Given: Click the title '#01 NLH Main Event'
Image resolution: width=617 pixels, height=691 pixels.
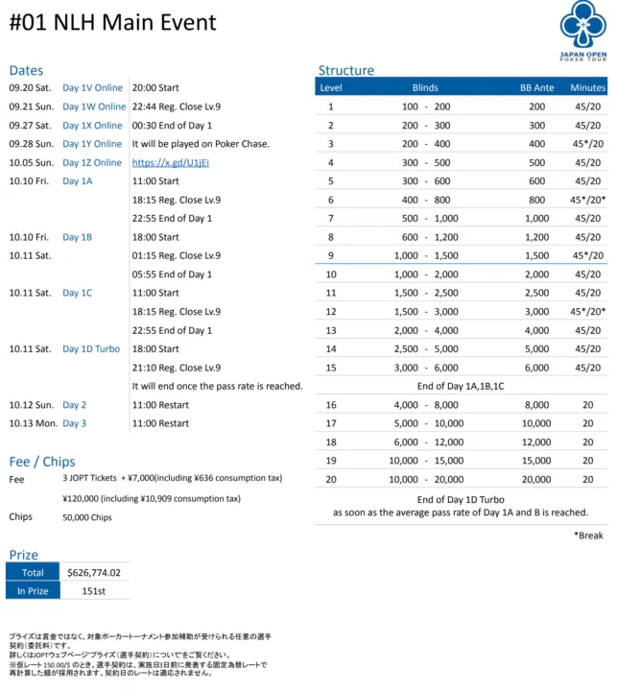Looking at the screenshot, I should coord(112,23).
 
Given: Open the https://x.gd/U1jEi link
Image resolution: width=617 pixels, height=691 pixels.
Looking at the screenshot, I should coord(170,162).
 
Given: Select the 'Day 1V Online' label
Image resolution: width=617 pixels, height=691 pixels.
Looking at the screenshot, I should coord(92,87).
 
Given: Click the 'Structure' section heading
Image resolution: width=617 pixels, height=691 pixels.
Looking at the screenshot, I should coord(345,70).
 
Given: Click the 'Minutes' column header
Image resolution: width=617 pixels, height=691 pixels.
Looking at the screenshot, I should coord(587,88).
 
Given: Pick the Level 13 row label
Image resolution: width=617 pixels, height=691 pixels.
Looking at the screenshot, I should coord(330,330).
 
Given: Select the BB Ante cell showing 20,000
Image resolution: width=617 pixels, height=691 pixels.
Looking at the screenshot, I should coord(535,479).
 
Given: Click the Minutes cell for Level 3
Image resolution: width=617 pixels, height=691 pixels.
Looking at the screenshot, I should coord(587,144).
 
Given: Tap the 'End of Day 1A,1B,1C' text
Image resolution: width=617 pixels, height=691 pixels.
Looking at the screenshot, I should coord(462,386).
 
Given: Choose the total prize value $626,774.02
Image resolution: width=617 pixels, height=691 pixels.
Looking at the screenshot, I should coord(93,572).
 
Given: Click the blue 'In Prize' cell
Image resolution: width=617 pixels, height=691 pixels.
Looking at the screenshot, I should coord(33,591).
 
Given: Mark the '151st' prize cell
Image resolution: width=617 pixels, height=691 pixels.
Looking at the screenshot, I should coord(93,591).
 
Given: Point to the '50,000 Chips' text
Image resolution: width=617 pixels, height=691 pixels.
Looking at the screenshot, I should coord(86,517).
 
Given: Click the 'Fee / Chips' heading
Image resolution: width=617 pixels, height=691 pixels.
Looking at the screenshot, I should coord(41,462).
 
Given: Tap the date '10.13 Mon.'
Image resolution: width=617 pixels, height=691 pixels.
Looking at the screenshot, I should coord(29,423).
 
